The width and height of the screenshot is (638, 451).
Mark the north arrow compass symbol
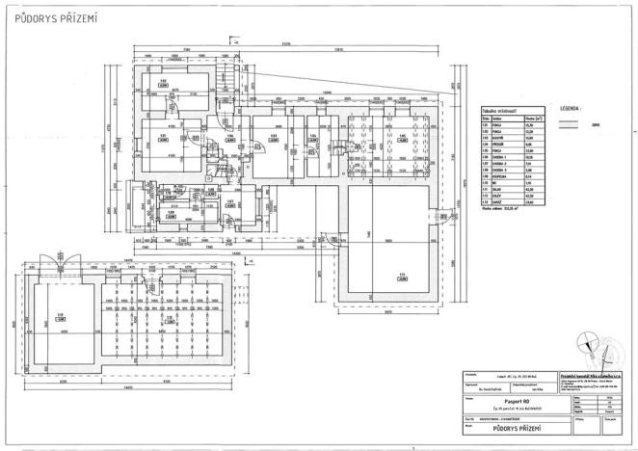[x=589, y=340]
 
